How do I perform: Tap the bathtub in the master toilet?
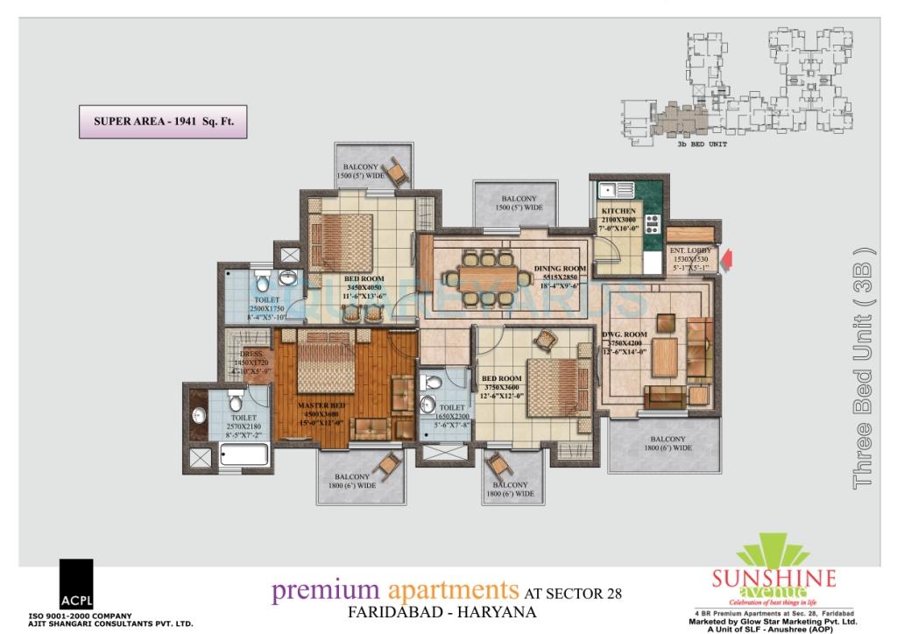coord(246,454)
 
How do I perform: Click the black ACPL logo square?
coord(76,584)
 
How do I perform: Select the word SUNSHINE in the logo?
coord(773,579)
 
